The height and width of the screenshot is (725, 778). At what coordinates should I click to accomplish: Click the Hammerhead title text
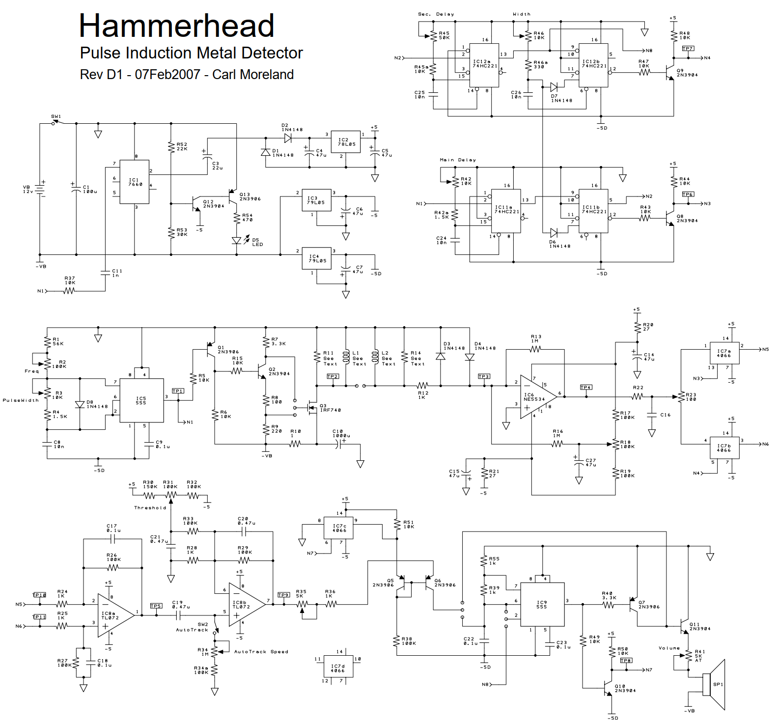pos(176,26)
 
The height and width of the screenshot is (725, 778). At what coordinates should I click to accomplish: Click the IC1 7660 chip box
pos(135,182)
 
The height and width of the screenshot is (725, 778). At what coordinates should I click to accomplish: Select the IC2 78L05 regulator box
pos(346,142)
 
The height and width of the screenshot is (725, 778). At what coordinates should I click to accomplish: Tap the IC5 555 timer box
pos(142,400)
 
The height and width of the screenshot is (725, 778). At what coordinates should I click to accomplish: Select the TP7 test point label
pos(688,49)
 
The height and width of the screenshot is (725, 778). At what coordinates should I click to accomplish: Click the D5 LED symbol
pos(237,240)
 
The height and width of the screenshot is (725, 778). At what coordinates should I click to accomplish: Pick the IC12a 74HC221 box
pos(484,65)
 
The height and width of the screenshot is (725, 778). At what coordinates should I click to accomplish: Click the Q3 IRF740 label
pos(330,408)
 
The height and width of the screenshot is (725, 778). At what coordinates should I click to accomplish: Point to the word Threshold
pos(150,508)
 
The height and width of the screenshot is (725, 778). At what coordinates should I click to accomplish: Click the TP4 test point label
pos(586,388)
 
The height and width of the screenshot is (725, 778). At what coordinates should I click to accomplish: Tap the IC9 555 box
pos(542,605)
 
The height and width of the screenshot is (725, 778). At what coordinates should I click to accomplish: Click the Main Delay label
pos(458,160)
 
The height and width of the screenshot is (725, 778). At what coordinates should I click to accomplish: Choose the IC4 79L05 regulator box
pos(317,258)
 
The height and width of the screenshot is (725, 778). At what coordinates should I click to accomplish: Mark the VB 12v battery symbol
pos(42,189)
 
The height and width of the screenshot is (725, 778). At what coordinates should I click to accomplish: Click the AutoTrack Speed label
pos(261,652)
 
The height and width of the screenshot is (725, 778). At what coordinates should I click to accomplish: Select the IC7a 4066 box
pos(724,354)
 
